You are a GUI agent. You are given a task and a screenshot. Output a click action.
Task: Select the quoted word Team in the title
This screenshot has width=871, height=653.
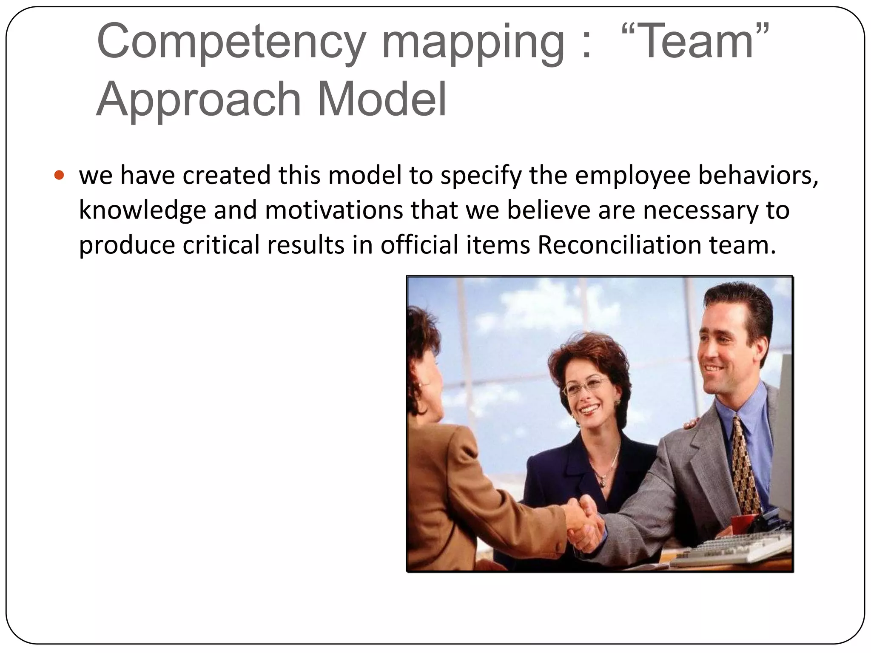[x=695, y=42]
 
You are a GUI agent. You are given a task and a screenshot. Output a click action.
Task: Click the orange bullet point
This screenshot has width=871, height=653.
[x=60, y=175]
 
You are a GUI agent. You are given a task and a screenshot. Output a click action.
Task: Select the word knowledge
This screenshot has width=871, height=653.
[x=142, y=211]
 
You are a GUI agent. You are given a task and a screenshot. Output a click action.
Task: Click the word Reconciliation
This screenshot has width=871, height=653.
[x=619, y=245]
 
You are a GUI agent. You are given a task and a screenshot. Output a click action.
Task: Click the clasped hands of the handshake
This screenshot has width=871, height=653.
[x=585, y=525]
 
